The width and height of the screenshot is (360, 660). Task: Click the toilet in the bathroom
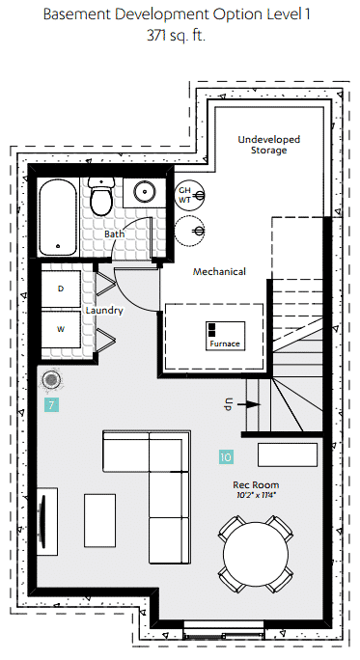pyautogui.click(x=101, y=196)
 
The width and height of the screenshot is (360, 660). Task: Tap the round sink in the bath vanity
pyautogui.click(x=146, y=192)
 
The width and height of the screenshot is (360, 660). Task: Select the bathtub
pyautogui.click(x=59, y=217)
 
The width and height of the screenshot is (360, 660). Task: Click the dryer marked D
pyautogui.click(x=61, y=289)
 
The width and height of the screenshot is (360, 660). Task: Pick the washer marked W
pyautogui.click(x=61, y=329)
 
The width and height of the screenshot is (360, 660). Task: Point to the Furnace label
pyautogui.click(x=225, y=344)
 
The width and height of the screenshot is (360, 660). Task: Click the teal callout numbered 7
pyautogui.click(x=51, y=405)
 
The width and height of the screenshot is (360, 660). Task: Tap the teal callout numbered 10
pyautogui.click(x=226, y=456)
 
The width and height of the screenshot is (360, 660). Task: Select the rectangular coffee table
pyautogui.click(x=99, y=520)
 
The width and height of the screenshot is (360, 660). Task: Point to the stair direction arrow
pyautogui.click(x=248, y=404)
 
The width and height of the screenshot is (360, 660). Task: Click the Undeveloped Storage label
pyautogui.click(x=269, y=145)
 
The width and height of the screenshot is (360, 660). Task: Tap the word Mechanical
pyautogui.click(x=219, y=271)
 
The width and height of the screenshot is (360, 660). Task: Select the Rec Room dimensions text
pyautogui.click(x=256, y=495)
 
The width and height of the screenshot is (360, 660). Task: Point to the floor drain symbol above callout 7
pyautogui.click(x=51, y=379)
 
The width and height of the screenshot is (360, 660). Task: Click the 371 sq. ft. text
pyautogui.click(x=177, y=35)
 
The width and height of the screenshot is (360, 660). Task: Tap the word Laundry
pyautogui.click(x=104, y=311)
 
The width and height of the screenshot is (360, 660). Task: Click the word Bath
pyautogui.click(x=114, y=234)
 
